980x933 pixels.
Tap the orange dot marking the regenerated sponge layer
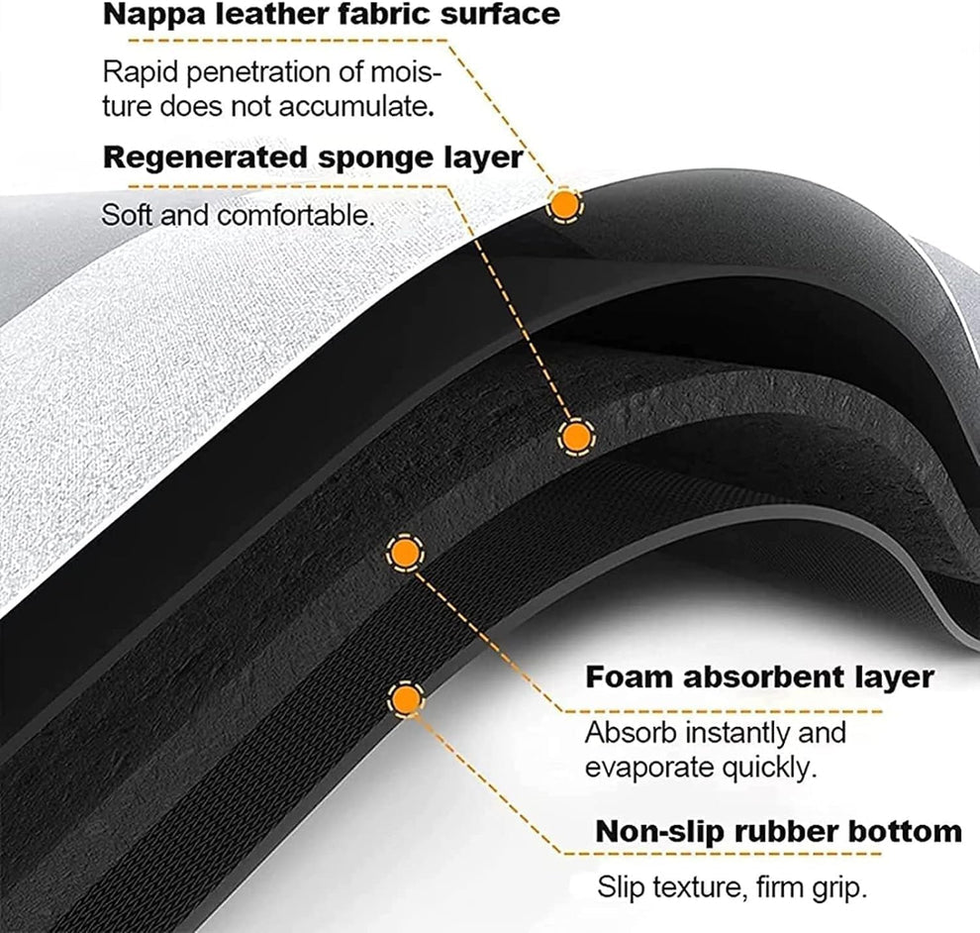tap(575, 437)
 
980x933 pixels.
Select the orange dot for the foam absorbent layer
tap(403, 553)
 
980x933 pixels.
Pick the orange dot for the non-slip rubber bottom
tap(403, 700)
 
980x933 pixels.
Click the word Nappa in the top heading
tap(150, 15)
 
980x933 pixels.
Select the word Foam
tap(624, 677)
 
